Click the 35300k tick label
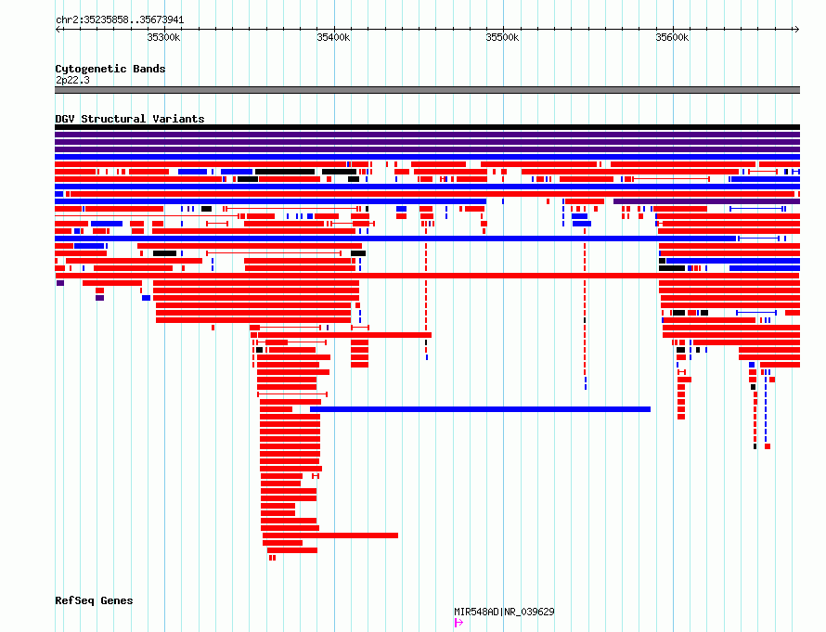pyautogui.click(x=163, y=37)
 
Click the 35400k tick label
pyautogui.click(x=333, y=37)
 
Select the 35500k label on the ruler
pyautogui.click(x=502, y=37)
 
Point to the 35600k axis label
pyautogui.click(x=672, y=37)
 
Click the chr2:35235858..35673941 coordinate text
pyautogui.click(x=120, y=20)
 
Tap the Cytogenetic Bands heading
pyautogui.click(x=110, y=69)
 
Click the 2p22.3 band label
pyautogui.click(x=72, y=80)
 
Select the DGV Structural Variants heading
pyautogui.click(x=130, y=119)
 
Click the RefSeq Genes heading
pyautogui.click(x=94, y=601)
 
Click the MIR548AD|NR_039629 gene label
pyautogui.click(x=504, y=612)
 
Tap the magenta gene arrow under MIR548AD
pyautogui.click(x=458, y=623)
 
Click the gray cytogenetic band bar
pyautogui.click(x=427, y=90)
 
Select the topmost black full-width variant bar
pyautogui.click(x=427, y=127)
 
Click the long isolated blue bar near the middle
pyautogui.click(x=480, y=409)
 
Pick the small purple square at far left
pyautogui.click(x=60, y=283)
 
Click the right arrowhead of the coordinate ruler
pyautogui.click(x=797, y=30)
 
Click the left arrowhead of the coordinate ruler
pyautogui.click(x=58, y=30)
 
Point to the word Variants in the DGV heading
pyautogui.click(x=178, y=119)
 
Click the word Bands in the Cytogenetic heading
pyautogui.click(x=149, y=69)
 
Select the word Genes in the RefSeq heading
pyautogui.click(x=117, y=601)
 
